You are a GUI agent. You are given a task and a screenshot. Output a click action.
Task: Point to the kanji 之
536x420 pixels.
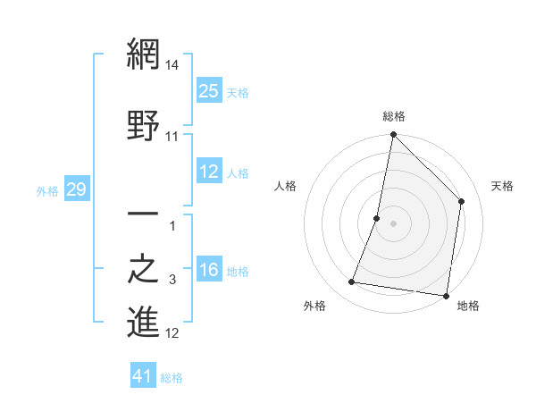143,270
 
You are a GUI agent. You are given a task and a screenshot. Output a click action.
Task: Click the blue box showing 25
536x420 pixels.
208,90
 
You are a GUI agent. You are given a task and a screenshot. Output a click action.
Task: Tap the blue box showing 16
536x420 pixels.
208,270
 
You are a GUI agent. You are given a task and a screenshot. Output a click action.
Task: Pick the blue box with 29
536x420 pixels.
76,189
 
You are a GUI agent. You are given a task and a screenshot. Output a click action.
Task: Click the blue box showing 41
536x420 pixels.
143,376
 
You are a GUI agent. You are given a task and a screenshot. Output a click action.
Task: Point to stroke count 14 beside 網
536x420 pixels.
173,65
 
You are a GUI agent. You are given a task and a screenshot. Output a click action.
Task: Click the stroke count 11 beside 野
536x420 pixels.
172,137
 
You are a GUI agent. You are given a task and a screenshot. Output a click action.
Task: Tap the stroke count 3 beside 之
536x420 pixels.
172,281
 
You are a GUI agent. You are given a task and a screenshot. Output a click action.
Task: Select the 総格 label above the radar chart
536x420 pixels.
394,116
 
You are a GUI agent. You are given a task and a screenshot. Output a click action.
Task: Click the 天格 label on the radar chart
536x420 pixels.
502,186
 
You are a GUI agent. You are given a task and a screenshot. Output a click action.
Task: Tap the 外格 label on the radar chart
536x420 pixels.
314,306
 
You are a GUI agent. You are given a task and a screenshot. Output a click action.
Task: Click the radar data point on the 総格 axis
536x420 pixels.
393,135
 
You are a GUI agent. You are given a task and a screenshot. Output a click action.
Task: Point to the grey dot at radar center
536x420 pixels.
393,223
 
